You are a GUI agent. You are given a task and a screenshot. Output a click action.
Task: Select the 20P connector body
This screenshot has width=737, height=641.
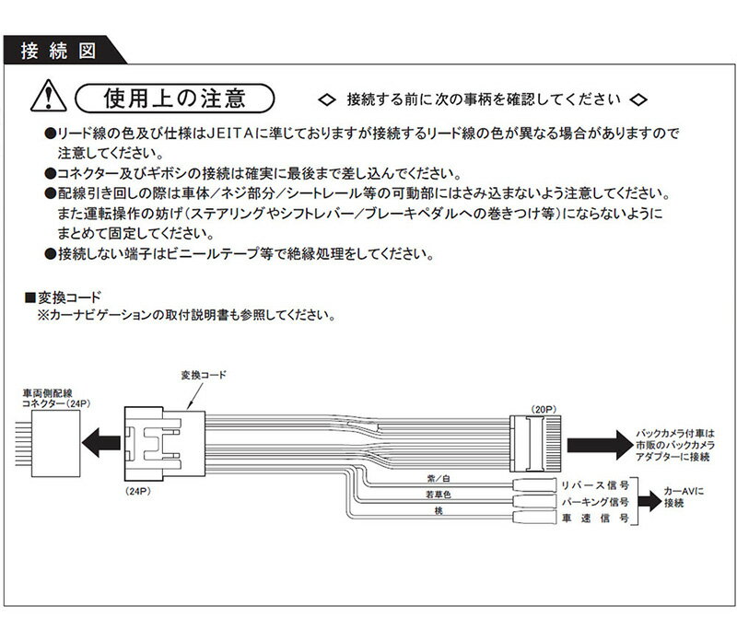point(534,441)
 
